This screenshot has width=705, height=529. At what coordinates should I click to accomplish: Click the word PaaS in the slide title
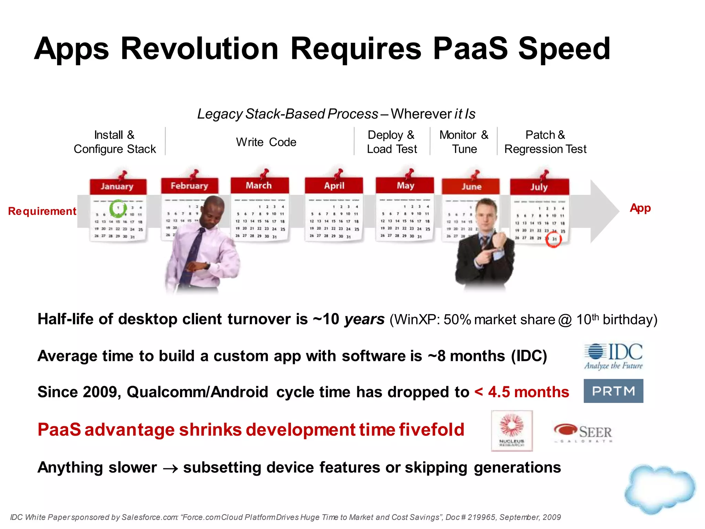(x=470, y=49)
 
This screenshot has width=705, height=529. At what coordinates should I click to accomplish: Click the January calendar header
(x=117, y=186)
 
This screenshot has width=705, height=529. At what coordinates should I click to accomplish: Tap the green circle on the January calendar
(x=118, y=208)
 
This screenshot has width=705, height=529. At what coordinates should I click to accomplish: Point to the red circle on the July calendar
(x=553, y=239)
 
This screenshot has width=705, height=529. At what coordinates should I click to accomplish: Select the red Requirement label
(x=42, y=211)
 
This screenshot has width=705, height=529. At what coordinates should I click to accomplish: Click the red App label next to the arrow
(x=640, y=208)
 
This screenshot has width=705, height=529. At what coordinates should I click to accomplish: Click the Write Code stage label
(x=266, y=142)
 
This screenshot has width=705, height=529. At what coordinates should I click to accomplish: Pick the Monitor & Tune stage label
(x=464, y=142)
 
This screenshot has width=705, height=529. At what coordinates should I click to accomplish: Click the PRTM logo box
(x=613, y=391)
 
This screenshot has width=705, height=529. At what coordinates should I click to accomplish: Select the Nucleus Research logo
(x=512, y=431)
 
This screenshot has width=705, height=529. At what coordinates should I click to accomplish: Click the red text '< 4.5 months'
(x=522, y=392)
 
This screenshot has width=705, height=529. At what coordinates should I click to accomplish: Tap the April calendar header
(x=334, y=186)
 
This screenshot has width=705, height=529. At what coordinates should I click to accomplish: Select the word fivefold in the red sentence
(x=432, y=430)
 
